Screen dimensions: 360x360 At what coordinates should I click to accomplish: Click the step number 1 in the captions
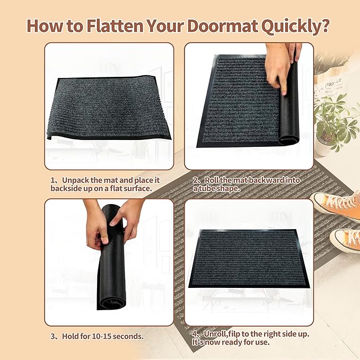(x=54, y=180)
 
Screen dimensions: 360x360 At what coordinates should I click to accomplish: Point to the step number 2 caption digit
(x=196, y=180)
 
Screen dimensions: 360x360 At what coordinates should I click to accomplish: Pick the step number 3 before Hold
(x=54, y=336)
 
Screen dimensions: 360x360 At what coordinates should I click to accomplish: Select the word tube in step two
(x=213, y=188)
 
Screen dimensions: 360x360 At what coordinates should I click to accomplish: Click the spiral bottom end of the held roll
(x=113, y=303)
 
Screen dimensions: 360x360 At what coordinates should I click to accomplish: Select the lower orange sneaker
(x=345, y=239)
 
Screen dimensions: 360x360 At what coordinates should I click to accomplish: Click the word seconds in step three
(x=129, y=336)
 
